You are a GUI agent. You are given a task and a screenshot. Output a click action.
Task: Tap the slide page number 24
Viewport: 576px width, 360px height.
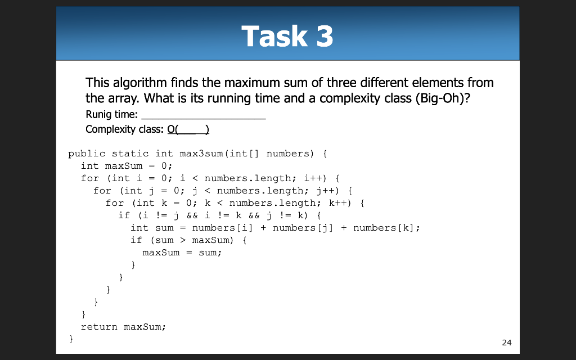coord(506,343)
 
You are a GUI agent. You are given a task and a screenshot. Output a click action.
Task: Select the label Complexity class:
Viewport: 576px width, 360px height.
coord(125,130)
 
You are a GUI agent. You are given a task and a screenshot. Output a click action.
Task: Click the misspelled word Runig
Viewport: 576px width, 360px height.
coord(98,115)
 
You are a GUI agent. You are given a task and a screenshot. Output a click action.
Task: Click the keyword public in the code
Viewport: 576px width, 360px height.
coord(87,153)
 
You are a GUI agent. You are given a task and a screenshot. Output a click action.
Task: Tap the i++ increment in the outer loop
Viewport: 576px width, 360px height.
coord(312,178)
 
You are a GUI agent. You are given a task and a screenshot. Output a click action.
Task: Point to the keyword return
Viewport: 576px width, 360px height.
coord(99,327)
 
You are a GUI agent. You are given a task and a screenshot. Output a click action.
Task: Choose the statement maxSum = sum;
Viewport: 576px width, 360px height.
coord(182,253)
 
